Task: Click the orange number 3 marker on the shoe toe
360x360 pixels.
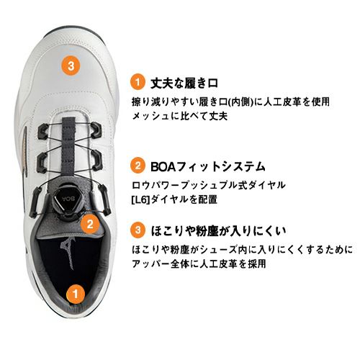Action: coord(71,65)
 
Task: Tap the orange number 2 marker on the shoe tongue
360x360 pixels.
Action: coord(90,224)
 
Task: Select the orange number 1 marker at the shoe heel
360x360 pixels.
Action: coord(76,294)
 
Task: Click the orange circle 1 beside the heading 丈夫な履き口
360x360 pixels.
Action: coord(138,82)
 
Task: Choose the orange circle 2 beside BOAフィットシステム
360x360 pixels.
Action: coord(138,166)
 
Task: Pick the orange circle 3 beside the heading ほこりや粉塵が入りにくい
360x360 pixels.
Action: coord(138,230)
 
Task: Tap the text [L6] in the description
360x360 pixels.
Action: coord(140,200)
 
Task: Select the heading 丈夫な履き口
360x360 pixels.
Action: coord(184,84)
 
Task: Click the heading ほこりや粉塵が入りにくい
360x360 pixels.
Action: coord(218,231)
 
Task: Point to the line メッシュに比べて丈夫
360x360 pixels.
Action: coord(180,117)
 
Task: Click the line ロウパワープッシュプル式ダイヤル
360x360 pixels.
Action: coord(209,185)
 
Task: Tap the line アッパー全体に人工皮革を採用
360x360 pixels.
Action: coord(199,264)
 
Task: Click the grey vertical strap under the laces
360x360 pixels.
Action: coord(68,149)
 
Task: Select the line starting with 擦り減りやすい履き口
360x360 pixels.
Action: coord(230,102)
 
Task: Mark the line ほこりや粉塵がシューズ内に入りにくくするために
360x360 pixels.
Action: coord(243,250)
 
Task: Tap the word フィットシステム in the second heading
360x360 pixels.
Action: coord(220,167)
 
